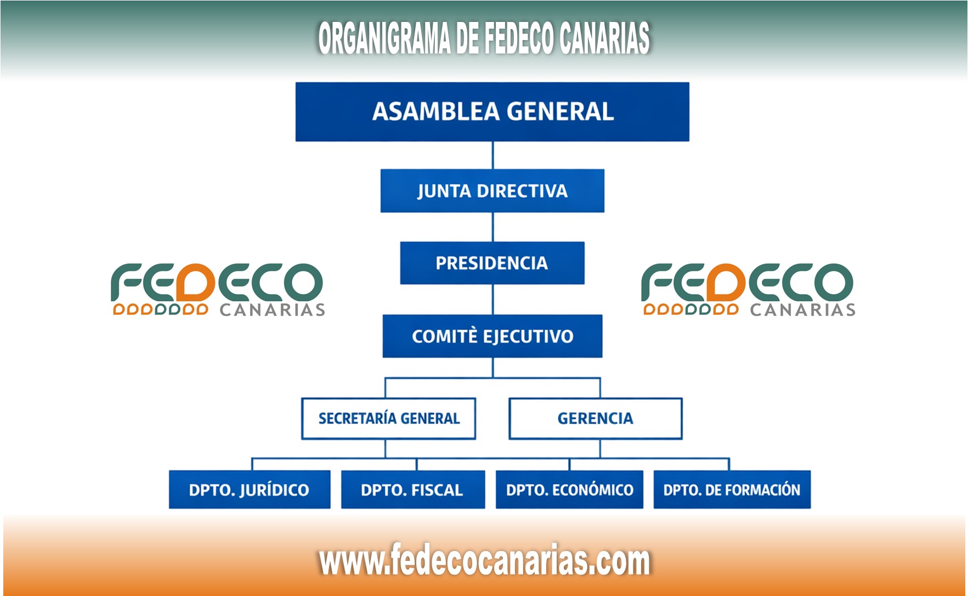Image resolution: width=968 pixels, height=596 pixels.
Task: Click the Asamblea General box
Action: (x=492, y=112)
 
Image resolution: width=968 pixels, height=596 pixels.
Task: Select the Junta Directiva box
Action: (x=492, y=191)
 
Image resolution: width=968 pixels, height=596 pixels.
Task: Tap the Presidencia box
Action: (x=492, y=263)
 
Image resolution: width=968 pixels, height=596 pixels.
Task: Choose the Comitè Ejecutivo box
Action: (x=492, y=336)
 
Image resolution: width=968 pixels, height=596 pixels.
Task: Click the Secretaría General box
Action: (x=388, y=419)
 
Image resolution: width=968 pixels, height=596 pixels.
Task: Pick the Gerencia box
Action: (x=596, y=419)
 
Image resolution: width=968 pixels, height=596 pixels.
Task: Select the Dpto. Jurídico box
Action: (x=250, y=490)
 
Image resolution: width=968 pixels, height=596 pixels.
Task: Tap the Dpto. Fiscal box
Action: (x=413, y=490)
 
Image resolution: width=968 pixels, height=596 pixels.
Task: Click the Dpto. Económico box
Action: (x=569, y=490)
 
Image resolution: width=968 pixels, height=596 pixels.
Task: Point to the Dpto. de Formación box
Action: (x=732, y=490)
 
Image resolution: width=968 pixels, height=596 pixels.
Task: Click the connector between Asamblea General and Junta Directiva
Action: (x=493, y=155)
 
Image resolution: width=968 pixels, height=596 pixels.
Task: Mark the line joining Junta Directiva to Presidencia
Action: (x=493, y=227)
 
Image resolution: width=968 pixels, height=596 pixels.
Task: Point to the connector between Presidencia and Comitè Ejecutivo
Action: (x=493, y=300)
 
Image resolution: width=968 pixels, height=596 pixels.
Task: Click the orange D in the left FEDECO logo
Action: (x=196, y=282)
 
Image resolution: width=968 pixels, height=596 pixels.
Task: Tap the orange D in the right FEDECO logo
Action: (x=726, y=282)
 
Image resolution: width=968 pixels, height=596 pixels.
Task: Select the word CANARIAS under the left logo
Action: (x=273, y=310)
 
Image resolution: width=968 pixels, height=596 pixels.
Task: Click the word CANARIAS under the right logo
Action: (x=803, y=310)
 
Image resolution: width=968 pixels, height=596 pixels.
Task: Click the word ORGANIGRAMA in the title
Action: (x=384, y=38)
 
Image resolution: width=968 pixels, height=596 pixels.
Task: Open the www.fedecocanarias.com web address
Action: (x=485, y=561)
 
